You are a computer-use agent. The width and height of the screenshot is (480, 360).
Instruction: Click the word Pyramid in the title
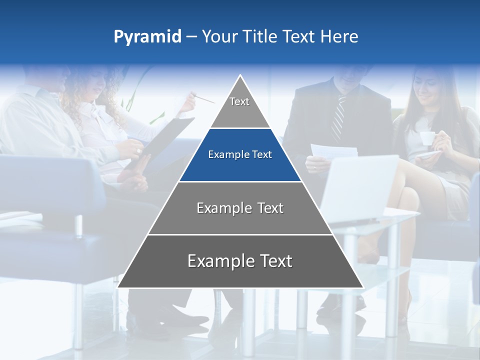coord(147,37)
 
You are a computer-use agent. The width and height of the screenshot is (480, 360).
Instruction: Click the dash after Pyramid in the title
coord(191,37)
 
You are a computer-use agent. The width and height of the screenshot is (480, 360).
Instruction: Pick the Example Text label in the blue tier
coord(240,154)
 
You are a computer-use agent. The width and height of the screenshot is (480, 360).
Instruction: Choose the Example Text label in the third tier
coord(240,208)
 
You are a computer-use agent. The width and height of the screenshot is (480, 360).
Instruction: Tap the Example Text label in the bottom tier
coord(240,261)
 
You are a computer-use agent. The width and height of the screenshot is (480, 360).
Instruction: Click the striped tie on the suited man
coord(338,118)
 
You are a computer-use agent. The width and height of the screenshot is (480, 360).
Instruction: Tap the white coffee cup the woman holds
coord(426,138)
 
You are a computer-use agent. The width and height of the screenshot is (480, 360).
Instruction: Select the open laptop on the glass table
coord(357,185)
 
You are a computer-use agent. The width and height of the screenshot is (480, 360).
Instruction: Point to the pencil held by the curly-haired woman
coord(203,98)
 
